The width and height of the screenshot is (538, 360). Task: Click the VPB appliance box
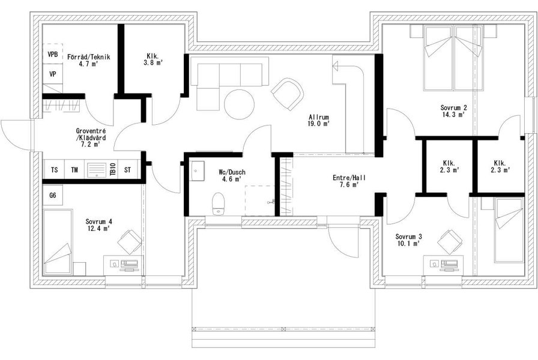[x=52, y=54]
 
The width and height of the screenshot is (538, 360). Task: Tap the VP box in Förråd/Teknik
[x=52, y=74]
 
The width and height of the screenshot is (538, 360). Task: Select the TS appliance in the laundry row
[x=54, y=169]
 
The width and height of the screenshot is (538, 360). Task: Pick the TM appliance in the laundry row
[x=74, y=169]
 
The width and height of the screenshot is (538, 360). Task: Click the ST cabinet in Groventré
[x=128, y=169]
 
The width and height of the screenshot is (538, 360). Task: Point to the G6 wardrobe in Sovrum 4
[x=52, y=196]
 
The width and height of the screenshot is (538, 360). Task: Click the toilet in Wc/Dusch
[x=218, y=203]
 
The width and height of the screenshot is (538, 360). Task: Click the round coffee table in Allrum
[x=239, y=104]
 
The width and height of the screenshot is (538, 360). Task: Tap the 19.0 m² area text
[x=319, y=124]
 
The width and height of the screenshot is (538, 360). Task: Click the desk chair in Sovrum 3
[x=450, y=242]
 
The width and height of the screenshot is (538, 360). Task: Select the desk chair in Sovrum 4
[x=130, y=242]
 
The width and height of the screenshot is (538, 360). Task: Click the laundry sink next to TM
[x=97, y=169]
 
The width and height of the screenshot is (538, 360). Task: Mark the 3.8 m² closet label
[x=153, y=63]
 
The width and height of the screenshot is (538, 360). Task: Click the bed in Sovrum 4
[x=58, y=242]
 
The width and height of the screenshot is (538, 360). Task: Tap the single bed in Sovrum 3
[x=509, y=232]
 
